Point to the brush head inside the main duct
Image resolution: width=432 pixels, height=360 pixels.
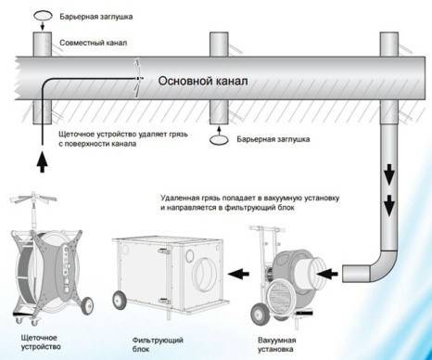[136, 81]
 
